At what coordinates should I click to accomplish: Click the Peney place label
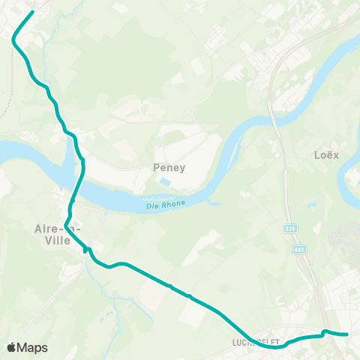[x=169, y=168]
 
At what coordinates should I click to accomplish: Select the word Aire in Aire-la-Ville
[x=46, y=228]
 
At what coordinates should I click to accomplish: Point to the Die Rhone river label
[x=165, y=204]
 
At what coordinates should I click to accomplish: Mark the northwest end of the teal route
[x=33, y=12]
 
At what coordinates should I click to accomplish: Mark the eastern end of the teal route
[x=348, y=334]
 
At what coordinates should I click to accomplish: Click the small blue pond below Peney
[x=165, y=182]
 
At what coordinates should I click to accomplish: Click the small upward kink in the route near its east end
[x=324, y=331]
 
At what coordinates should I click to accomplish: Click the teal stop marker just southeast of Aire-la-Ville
[x=87, y=250]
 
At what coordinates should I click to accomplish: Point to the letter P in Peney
[x=156, y=168]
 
